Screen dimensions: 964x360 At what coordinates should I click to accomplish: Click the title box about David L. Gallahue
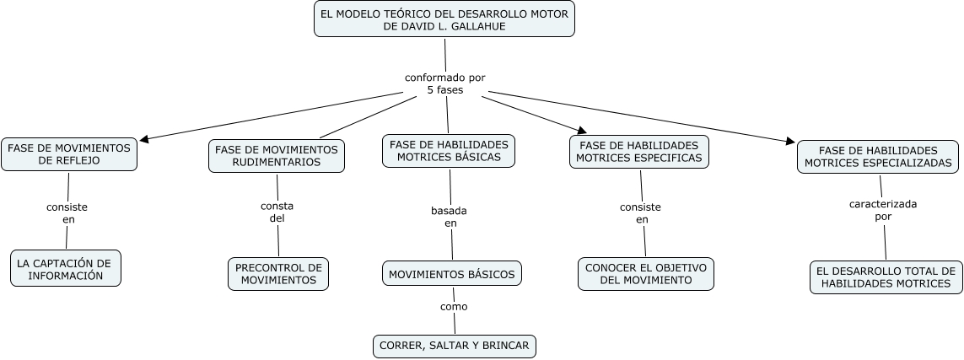[444, 19]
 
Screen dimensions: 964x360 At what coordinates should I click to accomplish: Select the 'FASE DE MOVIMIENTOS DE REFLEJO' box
[69, 154]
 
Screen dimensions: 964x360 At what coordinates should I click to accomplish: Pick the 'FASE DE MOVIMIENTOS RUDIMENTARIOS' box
[277, 156]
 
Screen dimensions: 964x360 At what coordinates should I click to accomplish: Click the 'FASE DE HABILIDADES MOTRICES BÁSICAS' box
[449, 151]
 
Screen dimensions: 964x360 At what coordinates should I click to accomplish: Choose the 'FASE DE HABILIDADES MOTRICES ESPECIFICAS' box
[639, 152]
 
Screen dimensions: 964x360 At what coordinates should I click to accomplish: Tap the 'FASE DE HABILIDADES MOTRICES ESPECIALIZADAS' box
[878, 157]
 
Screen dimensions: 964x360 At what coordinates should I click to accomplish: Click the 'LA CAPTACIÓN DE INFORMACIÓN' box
[66, 268]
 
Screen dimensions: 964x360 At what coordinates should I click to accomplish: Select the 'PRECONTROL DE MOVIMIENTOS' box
[278, 274]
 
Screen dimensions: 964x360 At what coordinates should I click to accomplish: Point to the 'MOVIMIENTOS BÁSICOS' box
[452, 273]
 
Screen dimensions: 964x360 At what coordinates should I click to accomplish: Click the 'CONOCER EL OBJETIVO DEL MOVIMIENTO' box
[646, 274]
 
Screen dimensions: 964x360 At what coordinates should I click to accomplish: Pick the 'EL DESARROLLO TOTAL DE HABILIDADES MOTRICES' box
[886, 277]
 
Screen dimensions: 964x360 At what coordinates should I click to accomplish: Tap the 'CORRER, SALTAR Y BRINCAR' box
[455, 346]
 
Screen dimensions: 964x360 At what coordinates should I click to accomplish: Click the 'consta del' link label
[277, 212]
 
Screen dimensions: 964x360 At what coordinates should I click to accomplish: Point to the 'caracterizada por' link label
[883, 209]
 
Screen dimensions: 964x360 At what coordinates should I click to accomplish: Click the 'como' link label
[454, 306]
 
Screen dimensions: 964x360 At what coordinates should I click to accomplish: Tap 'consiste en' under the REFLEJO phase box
[67, 212]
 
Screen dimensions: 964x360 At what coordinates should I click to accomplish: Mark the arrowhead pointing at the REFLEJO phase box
[144, 139]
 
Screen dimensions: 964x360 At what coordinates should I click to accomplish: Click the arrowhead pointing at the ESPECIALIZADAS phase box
[790, 141]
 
